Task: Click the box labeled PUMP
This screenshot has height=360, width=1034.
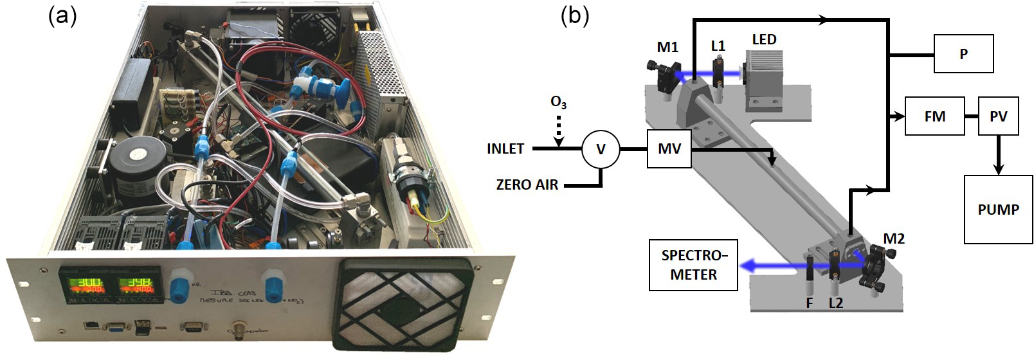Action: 998,209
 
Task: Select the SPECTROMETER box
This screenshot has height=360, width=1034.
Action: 693,265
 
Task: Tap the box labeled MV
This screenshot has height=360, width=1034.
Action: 669,148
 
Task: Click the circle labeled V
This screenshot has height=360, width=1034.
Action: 601,148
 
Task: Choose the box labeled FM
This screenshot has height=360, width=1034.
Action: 934,116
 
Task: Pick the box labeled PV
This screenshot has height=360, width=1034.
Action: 998,116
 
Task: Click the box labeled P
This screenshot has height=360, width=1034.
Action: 963,54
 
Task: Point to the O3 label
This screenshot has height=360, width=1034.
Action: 559,103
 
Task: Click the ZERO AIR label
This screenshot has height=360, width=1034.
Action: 527,185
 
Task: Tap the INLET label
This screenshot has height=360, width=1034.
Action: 505,149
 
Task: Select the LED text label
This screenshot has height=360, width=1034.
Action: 764,40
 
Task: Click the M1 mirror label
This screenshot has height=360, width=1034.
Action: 667,47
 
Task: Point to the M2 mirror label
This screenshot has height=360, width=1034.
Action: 894,239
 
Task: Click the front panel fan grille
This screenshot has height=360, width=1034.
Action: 404,304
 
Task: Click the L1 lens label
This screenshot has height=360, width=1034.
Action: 718,47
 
